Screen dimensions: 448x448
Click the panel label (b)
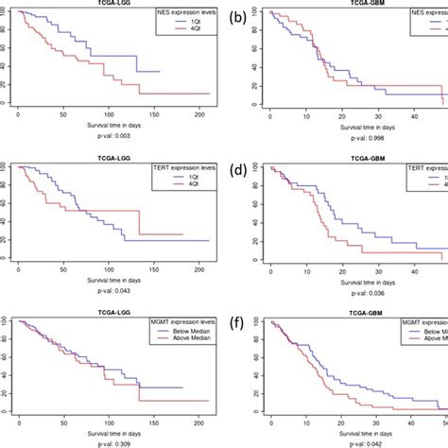point(240,16)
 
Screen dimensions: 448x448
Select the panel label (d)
point(240,170)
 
